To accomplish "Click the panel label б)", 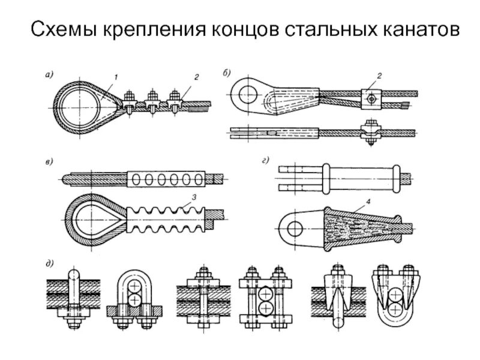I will tap(226, 74).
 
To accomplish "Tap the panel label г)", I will tap(265, 160).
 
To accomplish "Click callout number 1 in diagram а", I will tap(116, 76).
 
